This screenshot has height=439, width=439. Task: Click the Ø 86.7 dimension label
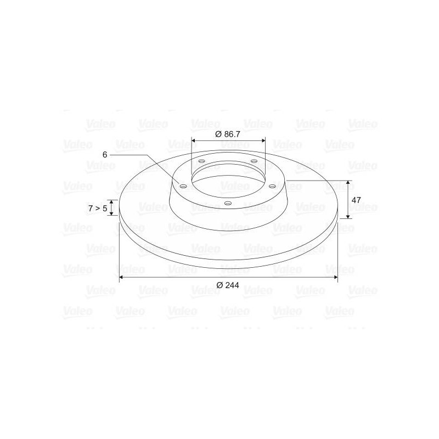[x=228, y=134]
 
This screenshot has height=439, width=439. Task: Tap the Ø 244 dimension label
[x=228, y=285]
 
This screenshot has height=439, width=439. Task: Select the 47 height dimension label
[x=356, y=200]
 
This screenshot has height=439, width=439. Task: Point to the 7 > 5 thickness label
[x=98, y=209]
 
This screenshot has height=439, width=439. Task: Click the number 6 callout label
[x=105, y=155]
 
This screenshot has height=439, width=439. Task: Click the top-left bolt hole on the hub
[x=201, y=161]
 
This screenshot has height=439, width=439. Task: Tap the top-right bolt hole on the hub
[x=254, y=161]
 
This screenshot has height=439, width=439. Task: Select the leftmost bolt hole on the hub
[x=183, y=186]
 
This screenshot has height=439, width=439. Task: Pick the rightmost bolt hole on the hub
[x=272, y=186]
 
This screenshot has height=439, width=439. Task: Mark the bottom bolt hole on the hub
[x=228, y=203]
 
